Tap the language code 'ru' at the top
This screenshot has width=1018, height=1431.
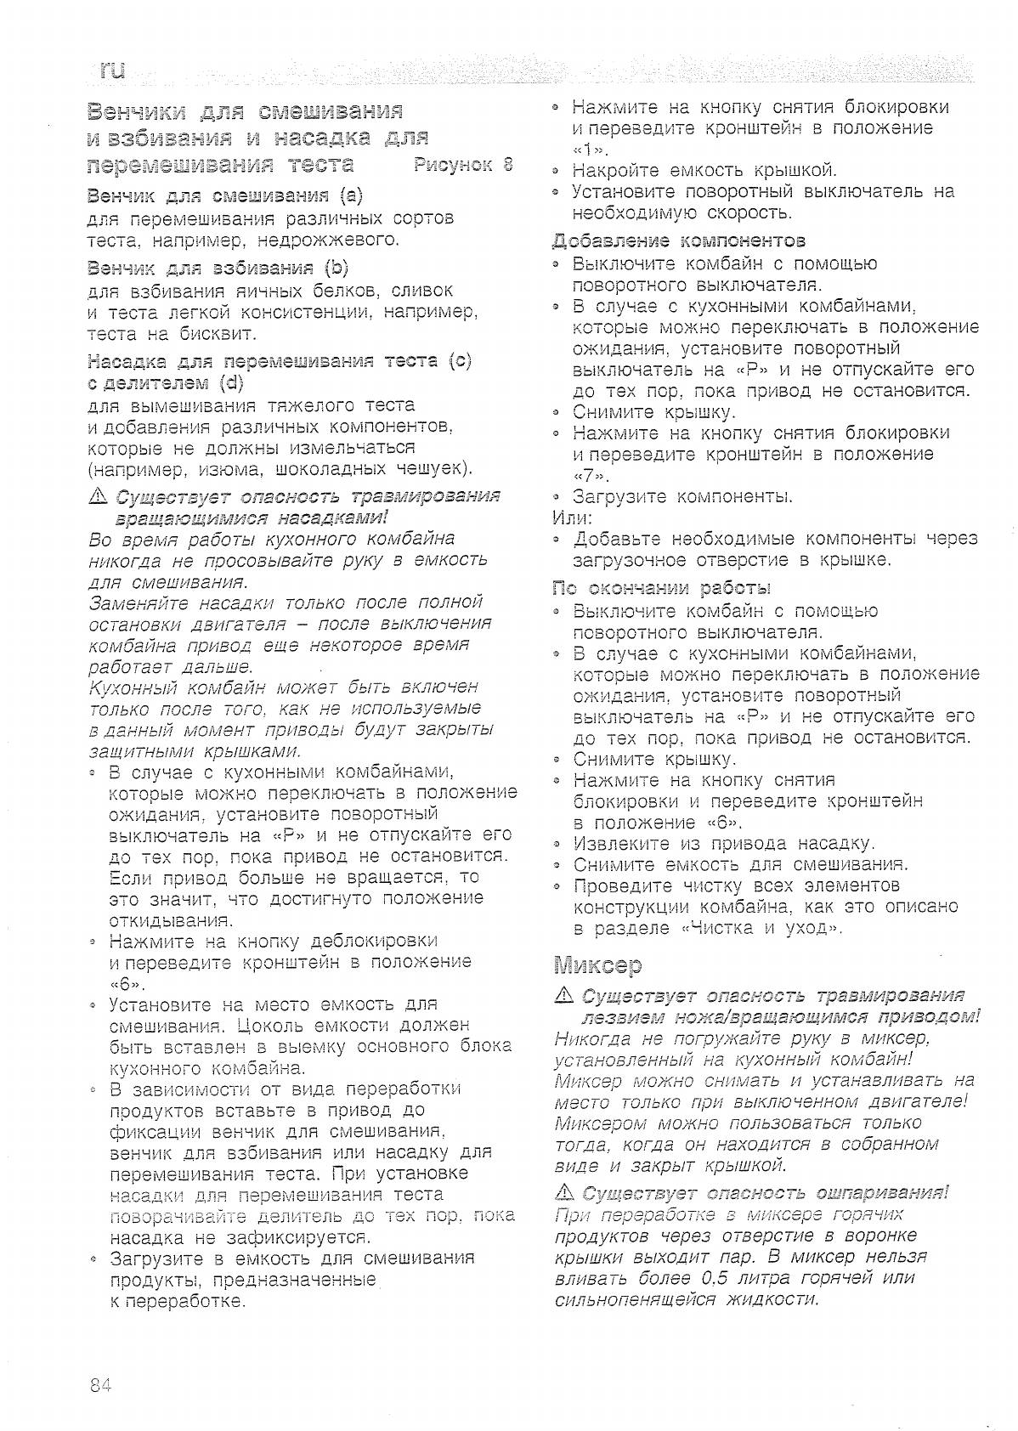(x=111, y=71)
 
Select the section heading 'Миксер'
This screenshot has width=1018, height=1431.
(x=597, y=965)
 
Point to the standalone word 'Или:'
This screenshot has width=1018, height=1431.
(x=573, y=518)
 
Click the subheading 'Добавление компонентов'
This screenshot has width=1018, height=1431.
(x=678, y=241)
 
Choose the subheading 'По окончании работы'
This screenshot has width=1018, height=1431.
(x=661, y=588)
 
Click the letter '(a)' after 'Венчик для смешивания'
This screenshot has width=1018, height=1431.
(x=350, y=196)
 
